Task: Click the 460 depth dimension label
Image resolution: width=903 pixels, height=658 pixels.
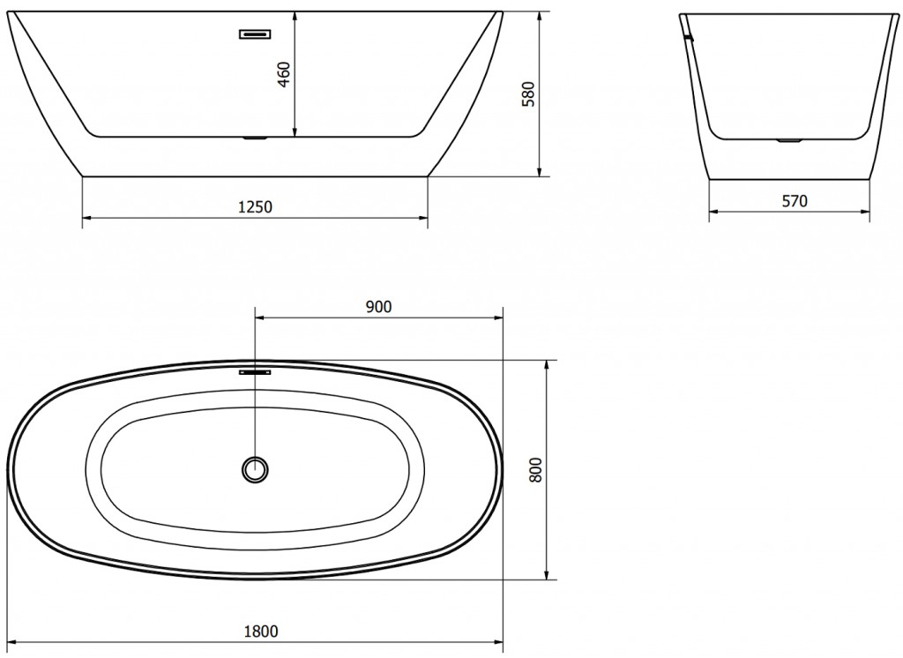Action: [x=285, y=74]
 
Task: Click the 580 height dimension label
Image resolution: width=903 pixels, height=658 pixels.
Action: [x=528, y=93]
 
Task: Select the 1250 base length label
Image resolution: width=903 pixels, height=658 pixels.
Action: [x=255, y=206]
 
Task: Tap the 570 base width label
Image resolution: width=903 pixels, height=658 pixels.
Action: [x=795, y=201]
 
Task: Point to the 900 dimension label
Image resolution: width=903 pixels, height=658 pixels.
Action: [x=378, y=307]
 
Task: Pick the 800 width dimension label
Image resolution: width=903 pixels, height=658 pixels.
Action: [x=535, y=469]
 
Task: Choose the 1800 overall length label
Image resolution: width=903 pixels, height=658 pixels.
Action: [x=261, y=632]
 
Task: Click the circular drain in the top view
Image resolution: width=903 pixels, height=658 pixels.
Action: [x=255, y=469]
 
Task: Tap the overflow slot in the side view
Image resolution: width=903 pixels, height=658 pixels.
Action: [x=255, y=34]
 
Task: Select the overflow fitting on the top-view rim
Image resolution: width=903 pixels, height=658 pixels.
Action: [x=255, y=372]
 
